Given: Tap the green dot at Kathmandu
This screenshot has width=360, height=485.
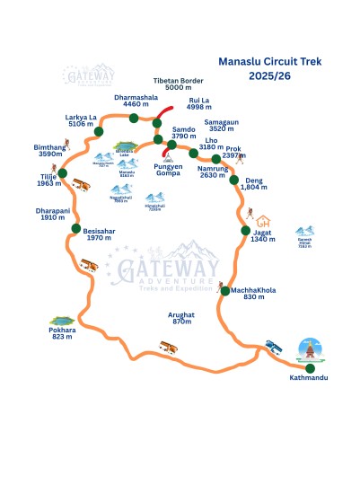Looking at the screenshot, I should click(310, 368).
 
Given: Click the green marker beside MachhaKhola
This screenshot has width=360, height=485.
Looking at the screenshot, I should click(224, 290).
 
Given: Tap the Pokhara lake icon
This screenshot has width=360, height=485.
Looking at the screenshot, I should click(62, 321).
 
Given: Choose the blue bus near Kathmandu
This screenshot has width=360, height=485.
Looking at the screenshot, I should click(276, 347).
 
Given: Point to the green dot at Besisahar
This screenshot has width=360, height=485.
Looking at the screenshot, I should click(75, 229).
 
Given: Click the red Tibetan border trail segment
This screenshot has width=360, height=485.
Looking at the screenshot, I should click(162, 120).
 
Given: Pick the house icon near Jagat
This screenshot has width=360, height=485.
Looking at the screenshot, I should click(263, 221).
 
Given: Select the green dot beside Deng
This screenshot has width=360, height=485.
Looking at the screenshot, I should click(233, 180).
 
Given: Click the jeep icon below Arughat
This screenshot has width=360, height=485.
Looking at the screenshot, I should click(169, 346).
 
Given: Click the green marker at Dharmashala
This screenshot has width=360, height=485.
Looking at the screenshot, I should click(134, 118).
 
